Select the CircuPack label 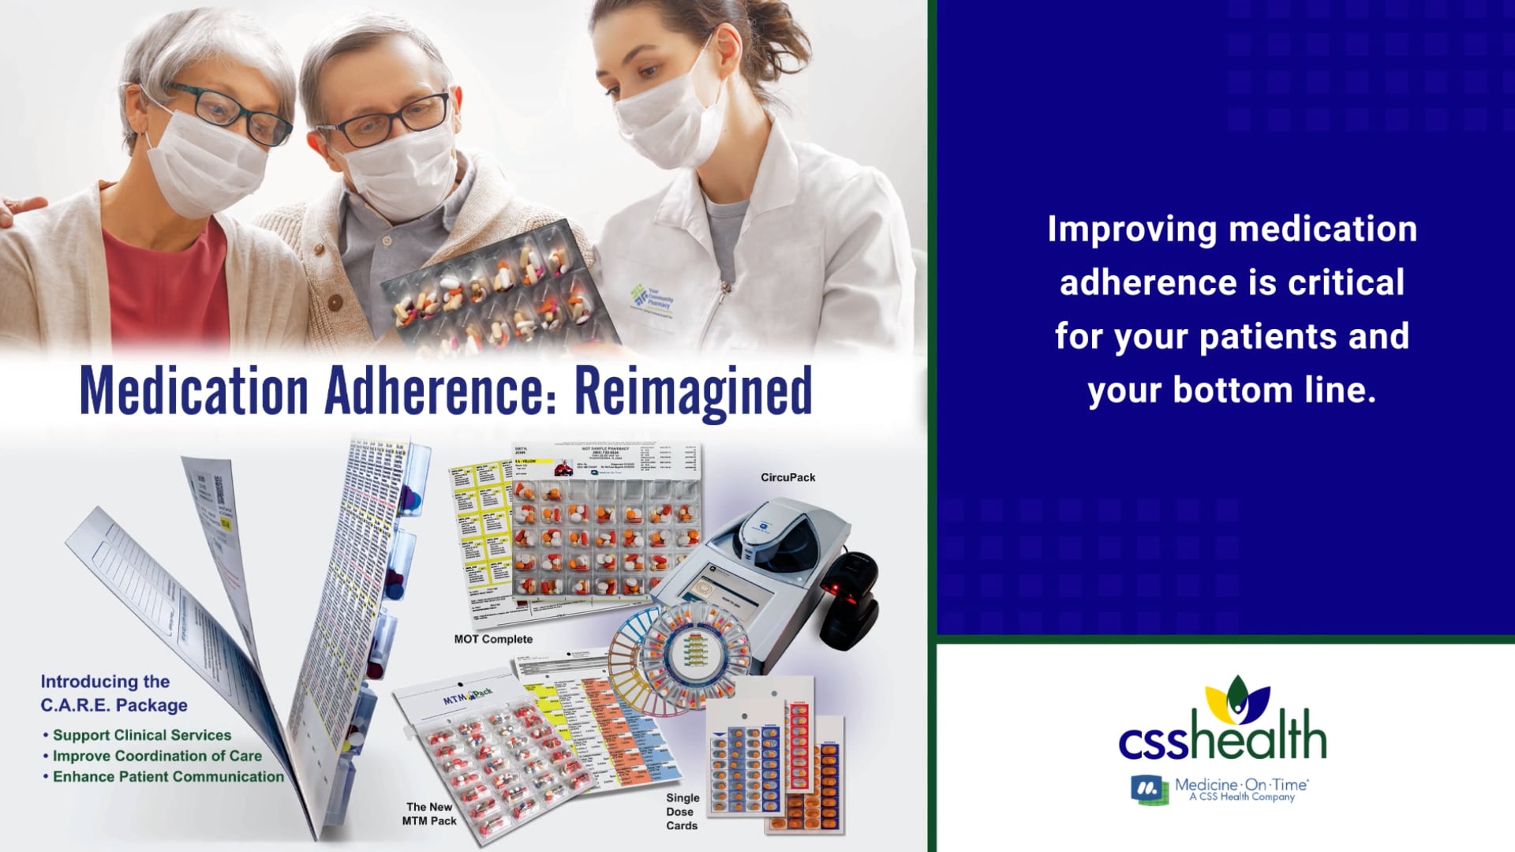pos(787,477)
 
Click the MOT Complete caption pos(493,639)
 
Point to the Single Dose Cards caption pos(682,812)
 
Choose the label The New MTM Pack pos(431,813)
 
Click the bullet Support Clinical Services pos(142,735)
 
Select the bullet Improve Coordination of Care pos(157,756)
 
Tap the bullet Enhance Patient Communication pos(168,776)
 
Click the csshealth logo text pos(1222,736)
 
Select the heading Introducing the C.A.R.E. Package pos(114,693)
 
